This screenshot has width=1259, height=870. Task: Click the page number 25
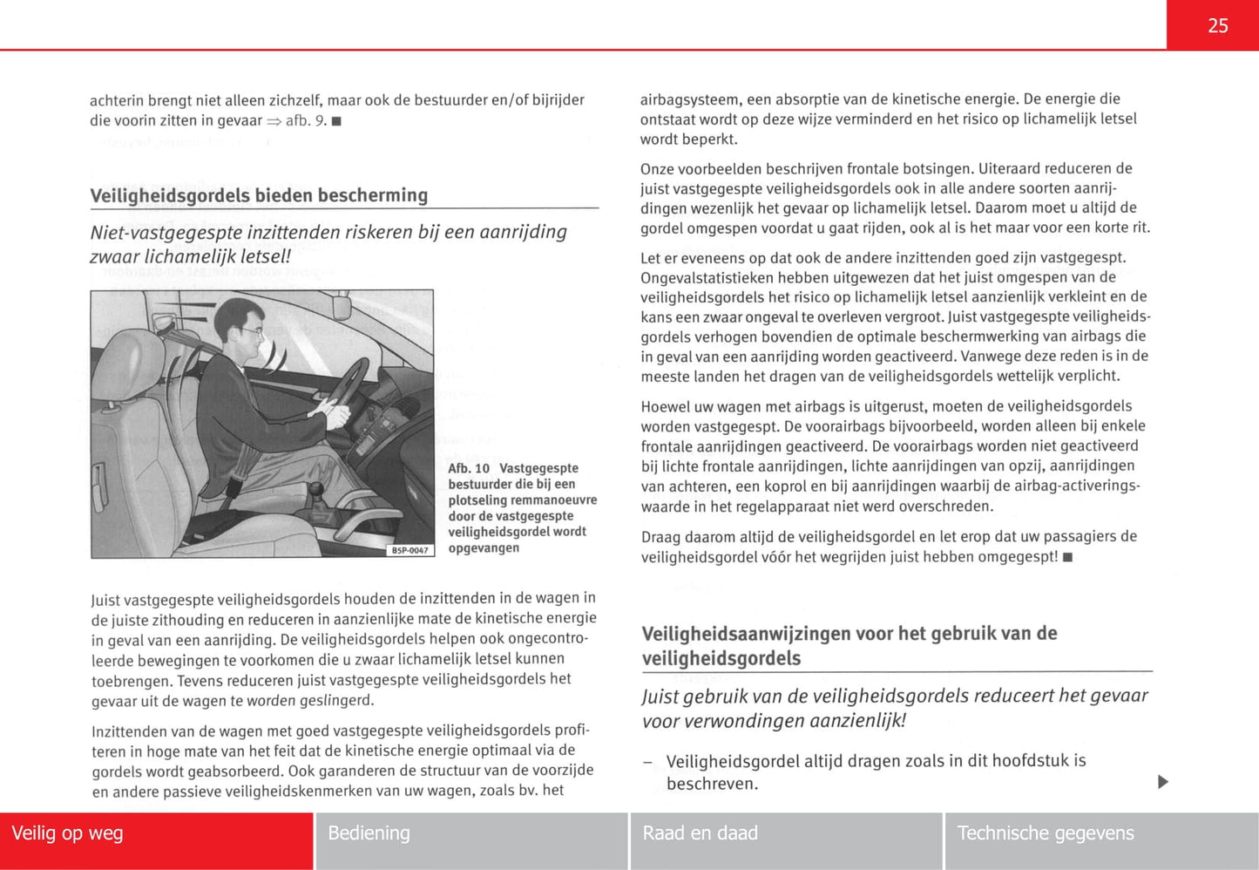coord(1217,26)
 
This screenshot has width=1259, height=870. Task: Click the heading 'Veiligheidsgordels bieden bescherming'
coord(259,195)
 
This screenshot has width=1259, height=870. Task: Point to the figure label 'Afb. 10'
coord(469,468)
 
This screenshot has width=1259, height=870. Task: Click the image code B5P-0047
coord(410,550)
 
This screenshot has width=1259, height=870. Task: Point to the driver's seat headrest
coord(131,362)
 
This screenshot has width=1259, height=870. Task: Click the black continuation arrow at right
coord(1162,782)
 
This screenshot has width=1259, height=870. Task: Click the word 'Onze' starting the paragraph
coord(659,168)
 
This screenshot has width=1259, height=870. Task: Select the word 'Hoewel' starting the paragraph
coord(666,406)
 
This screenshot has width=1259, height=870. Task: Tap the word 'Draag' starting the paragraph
coord(660,537)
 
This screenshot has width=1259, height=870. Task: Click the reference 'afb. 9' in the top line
coord(306,120)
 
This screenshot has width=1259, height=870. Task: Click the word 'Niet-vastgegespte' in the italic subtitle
coord(166,233)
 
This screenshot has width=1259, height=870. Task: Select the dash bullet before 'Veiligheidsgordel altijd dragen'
coord(647,762)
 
